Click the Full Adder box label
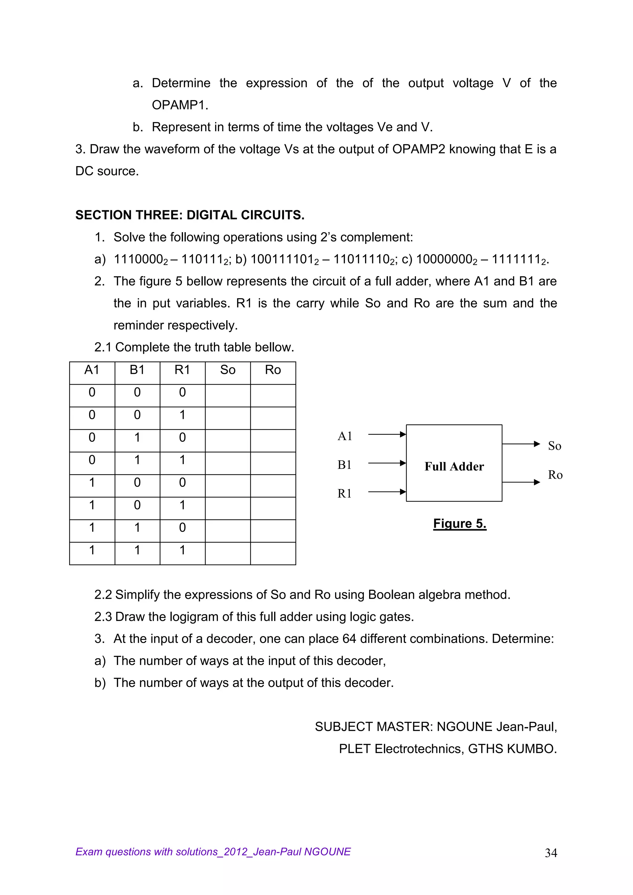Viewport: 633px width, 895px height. tap(454, 466)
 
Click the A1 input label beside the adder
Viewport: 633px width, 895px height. tap(345, 436)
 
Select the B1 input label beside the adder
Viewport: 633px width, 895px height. tap(345, 465)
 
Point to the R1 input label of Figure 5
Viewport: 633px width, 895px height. tap(345, 493)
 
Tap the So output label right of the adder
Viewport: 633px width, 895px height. tap(554, 446)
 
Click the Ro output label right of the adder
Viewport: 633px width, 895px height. tap(555, 475)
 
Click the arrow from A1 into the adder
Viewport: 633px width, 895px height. tap(387, 434)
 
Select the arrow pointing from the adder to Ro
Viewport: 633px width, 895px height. tap(521, 482)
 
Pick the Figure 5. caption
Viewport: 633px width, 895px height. tap(460, 523)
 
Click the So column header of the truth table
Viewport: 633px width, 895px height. tap(227, 370)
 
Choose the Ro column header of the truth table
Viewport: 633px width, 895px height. tap(273, 370)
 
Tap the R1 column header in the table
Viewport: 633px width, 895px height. tap(182, 370)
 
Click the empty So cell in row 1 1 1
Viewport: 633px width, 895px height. tap(227, 553)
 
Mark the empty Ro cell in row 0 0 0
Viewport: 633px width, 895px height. tap(273, 395)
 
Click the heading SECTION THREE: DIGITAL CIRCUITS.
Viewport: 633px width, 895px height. tap(190, 215)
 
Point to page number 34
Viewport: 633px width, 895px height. tap(551, 853)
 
